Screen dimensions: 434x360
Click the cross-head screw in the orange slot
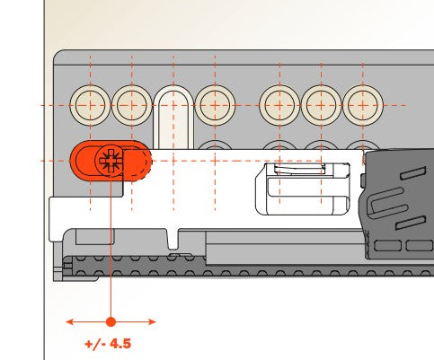(111, 161)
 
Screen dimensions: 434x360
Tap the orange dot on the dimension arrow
(111, 322)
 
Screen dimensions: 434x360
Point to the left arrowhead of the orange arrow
(69, 322)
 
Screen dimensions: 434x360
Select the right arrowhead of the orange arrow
(152, 322)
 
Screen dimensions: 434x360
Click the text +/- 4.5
(108, 344)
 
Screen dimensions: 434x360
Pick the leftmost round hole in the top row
(90, 105)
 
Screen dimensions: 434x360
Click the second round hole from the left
(132, 105)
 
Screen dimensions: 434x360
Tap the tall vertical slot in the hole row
(173, 118)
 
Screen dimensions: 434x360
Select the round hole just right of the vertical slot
(215, 105)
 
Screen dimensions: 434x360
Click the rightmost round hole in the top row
(363, 105)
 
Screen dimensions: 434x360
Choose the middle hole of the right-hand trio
(321, 105)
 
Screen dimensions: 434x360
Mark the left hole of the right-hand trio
(279, 105)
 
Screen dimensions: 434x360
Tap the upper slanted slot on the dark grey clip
(412, 173)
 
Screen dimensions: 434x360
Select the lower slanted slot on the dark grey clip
(411, 223)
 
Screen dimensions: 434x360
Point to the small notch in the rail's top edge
(173, 240)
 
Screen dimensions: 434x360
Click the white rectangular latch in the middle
(303, 189)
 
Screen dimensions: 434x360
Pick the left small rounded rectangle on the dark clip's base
(388, 246)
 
